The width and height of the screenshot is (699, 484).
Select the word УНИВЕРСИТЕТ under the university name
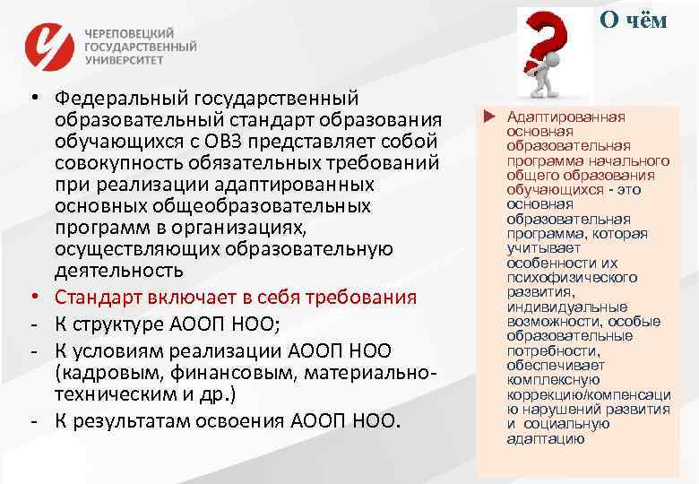click(x=125, y=62)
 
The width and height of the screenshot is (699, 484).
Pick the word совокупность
click(x=113, y=162)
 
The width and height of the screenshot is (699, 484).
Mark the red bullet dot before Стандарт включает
click(x=30, y=297)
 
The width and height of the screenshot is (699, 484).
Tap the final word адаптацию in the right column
click(x=545, y=438)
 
